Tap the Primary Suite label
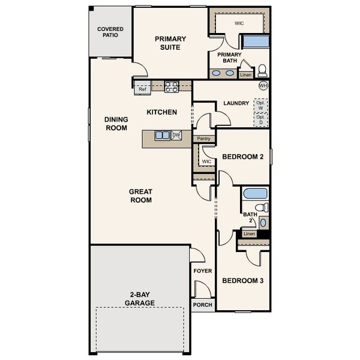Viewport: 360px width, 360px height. pos(170,43)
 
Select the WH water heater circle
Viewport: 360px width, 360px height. pos(263,86)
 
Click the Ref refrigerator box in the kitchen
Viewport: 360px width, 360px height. pos(142,89)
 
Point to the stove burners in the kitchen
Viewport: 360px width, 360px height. pos(172,86)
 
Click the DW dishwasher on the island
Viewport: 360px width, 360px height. pos(176,135)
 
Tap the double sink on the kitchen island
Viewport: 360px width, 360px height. pos(163,135)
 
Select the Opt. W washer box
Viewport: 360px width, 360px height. pos(261,106)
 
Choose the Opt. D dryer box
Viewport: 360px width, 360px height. pos(261,119)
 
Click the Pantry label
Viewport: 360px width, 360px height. pos(204,139)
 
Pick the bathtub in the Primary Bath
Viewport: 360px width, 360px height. pos(256,42)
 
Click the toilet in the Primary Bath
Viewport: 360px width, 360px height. pos(262,70)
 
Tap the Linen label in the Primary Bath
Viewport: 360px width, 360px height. pos(245,75)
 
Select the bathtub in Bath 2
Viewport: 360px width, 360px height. pos(256,194)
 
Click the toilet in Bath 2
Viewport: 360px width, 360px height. pos(261,208)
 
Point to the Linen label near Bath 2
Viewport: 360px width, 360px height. pos(249,233)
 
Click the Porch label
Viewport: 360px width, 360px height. pos(202,305)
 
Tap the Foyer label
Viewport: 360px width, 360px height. pos(202,271)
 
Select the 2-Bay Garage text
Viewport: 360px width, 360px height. pos(140,299)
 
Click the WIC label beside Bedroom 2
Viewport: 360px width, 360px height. pos(206,161)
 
